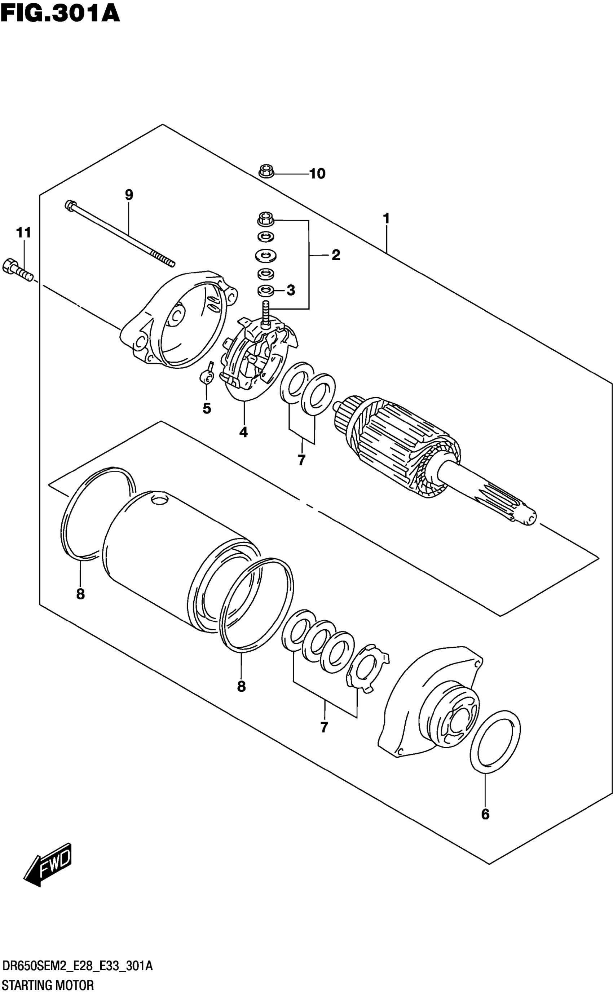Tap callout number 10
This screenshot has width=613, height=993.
[317, 174]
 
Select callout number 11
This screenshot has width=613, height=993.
[23, 233]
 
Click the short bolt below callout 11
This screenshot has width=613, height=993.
[17, 269]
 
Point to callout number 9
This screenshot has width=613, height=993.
[129, 195]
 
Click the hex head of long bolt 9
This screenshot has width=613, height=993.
[69, 205]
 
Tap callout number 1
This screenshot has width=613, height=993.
[386, 218]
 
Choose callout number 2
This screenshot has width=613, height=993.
[336, 255]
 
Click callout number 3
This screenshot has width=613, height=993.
[291, 290]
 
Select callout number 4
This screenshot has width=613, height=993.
[243, 432]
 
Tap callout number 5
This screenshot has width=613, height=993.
[207, 408]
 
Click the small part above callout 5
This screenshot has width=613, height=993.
[207, 375]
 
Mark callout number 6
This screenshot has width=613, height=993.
[485, 814]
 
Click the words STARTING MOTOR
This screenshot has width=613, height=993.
[48, 985]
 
